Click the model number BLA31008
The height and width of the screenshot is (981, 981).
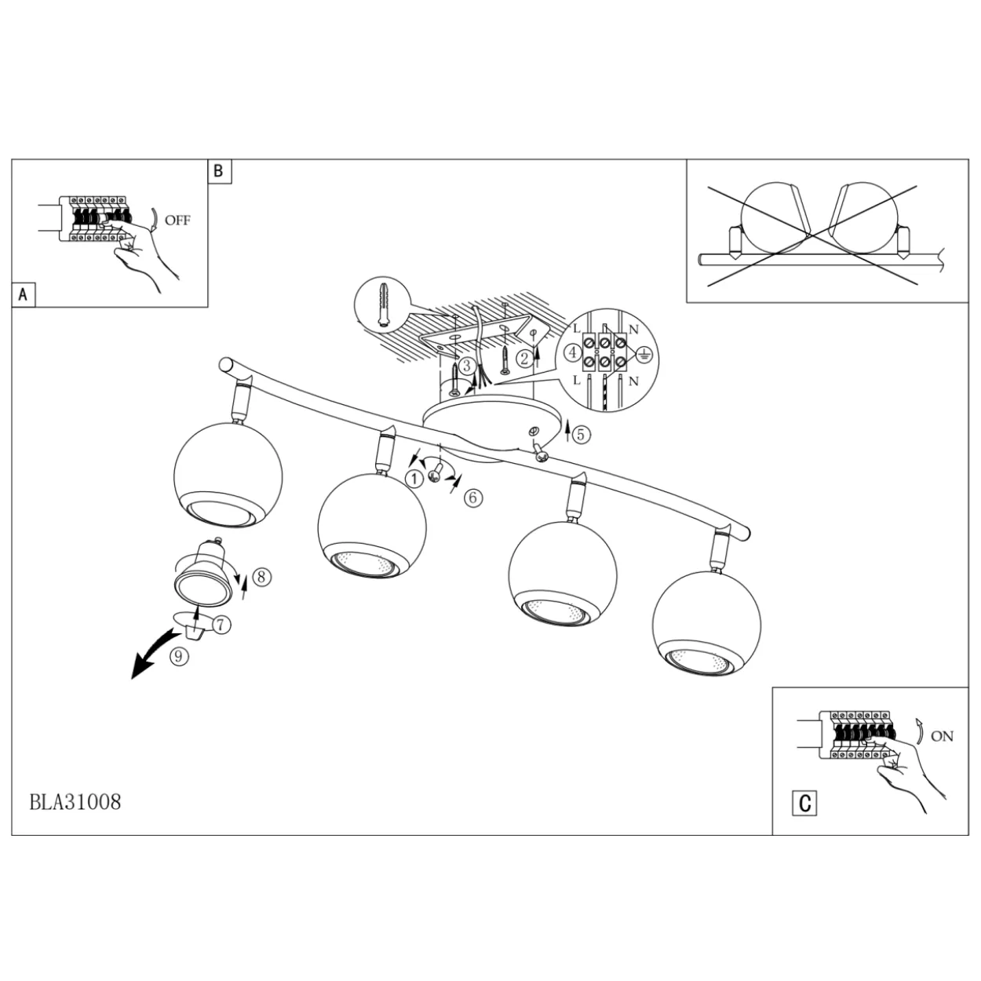[75, 802]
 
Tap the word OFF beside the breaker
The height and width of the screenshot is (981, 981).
[177, 221]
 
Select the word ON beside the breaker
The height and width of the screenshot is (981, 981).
[942, 736]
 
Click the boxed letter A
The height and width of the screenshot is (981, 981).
[23, 295]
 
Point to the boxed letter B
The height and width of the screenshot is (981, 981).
[219, 171]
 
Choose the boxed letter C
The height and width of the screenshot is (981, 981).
[805, 804]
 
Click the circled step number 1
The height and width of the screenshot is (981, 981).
[414, 479]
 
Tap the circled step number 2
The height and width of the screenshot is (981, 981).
[525, 359]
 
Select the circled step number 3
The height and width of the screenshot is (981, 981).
[467, 366]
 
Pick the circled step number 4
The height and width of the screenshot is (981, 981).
[573, 352]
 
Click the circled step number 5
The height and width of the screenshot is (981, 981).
[582, 434]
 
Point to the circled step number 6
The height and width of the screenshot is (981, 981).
[473, 498]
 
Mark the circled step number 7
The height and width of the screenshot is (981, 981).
[221, 625]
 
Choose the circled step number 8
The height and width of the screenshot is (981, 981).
[261, 577]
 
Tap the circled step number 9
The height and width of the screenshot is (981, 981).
[178, 656]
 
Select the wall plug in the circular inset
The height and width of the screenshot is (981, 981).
[382, 305]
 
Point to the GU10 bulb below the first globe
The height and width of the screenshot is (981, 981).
[203, 571]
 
